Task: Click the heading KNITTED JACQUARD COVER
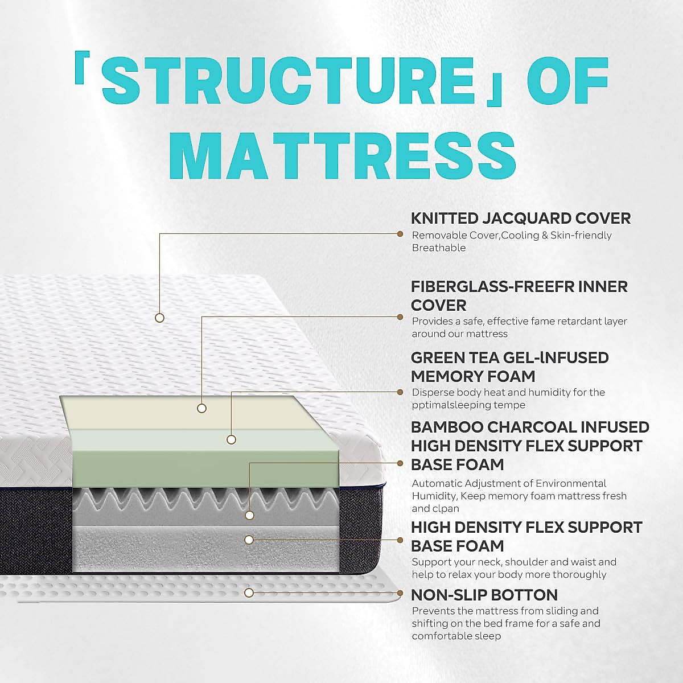click(x=521, y=218)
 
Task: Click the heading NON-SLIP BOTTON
click(x=484, y=595)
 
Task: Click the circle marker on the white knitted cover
click(x=160, y=318)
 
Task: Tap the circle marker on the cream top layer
click(x=201, y=408)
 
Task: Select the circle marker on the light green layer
click(x=231, y=439)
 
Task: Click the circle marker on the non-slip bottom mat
click(x=249, y=593)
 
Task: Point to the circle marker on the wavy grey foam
click(x=249, y=516)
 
